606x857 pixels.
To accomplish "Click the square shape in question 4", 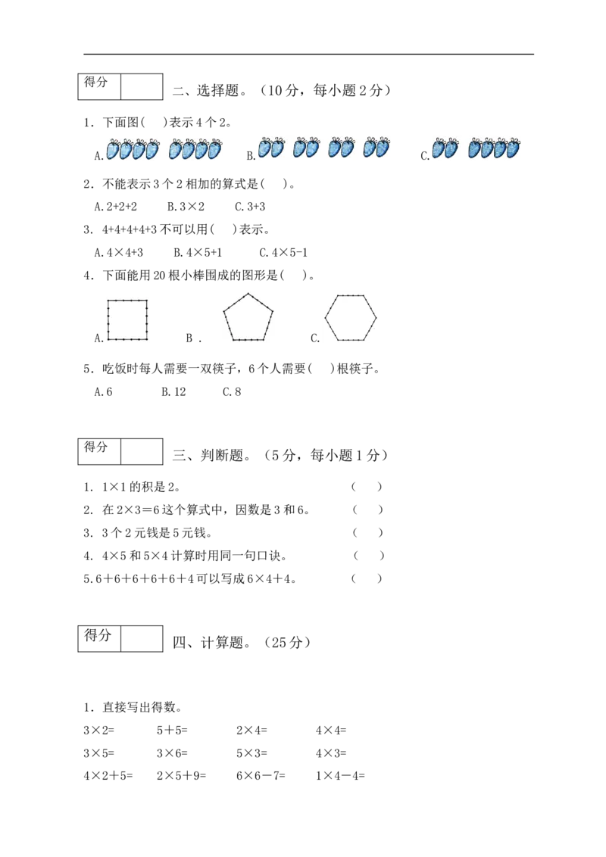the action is [108, 319].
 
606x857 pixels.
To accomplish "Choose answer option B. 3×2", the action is [186, 207].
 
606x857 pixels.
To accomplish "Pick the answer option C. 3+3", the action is [250, 207].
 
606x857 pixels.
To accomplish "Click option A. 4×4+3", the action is [119, 253].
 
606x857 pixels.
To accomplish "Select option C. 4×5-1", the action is [283, 253].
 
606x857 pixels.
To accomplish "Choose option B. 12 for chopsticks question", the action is [173, 392].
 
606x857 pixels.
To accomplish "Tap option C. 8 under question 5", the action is [232, 392].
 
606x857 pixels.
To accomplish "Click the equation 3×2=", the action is [99, 731].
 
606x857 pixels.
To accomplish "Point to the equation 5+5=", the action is [172, 731].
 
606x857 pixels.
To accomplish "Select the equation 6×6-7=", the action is [261, 775].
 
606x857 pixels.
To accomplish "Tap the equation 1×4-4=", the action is [340, 775].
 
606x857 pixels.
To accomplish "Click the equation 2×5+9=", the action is [182, 775].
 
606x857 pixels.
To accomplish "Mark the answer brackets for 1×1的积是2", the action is [367, 487].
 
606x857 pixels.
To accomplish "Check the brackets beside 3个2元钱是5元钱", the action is [367, 532].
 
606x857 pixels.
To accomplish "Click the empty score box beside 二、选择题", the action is [142, 87].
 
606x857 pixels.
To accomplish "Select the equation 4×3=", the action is [331, 753].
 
